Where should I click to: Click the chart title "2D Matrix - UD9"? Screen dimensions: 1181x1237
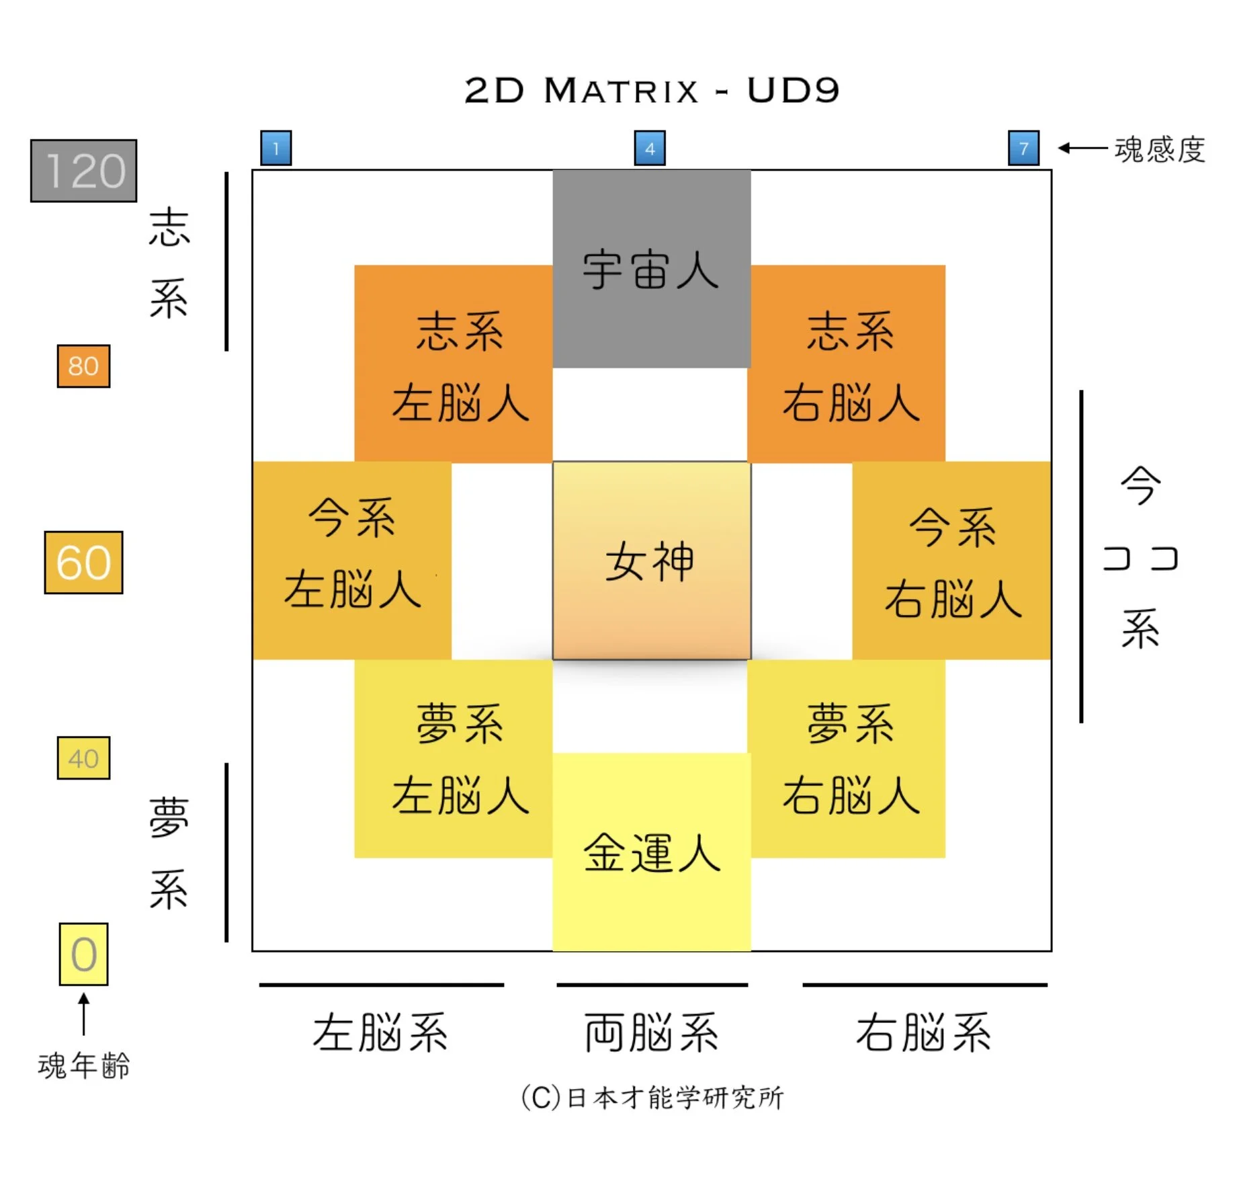651,91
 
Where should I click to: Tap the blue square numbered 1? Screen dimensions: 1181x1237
275,148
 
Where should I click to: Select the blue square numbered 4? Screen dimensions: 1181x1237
650,148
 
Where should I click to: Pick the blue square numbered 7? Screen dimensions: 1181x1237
1023,148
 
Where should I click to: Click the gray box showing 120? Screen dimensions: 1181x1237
84,171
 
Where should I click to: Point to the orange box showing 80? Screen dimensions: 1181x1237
83,366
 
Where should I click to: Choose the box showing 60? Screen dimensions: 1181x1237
83,563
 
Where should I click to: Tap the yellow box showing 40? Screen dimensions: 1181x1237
83,758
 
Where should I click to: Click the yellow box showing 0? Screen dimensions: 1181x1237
83,954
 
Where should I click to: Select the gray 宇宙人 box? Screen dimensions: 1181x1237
651,269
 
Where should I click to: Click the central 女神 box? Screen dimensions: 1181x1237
651,561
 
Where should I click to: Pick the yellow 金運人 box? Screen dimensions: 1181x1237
651,854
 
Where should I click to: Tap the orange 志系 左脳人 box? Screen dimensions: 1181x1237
454,366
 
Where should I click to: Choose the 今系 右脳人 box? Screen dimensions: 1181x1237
951,561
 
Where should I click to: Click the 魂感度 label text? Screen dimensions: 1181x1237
1159,149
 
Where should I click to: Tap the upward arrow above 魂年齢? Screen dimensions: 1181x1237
83,1014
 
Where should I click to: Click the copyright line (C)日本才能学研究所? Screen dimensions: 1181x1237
651,1098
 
